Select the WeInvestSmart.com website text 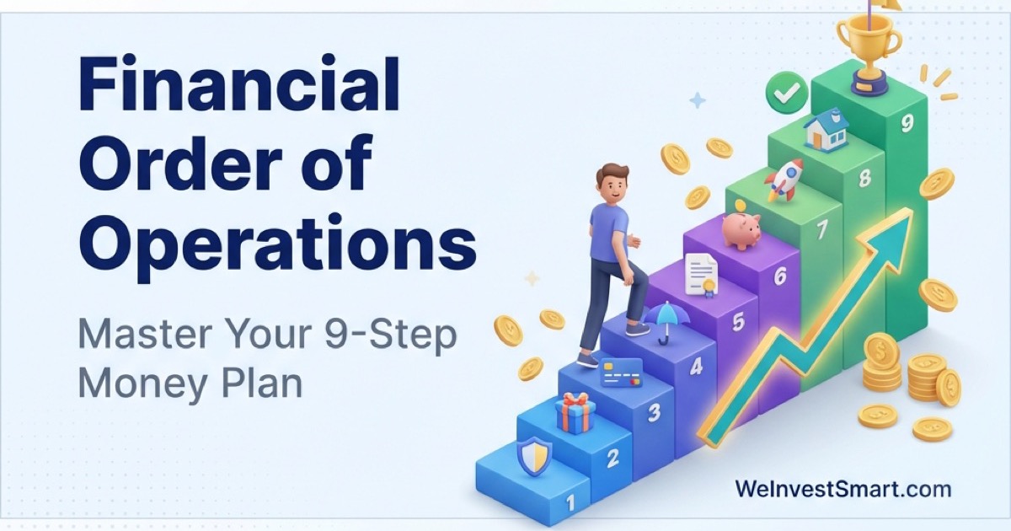pyautogui.click(x=842, y=489)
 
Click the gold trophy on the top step pyautogui.click(x=868, y=42)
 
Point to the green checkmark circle pyautogui.click(x=787, y=94)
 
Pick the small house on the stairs pyautogui.click(x=826, y=131)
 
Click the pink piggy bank pyautogui.click(x=741, y=228)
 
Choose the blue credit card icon pyautogui.click(x=621, y=372)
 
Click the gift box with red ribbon pyautogui.click(x=575, y=413)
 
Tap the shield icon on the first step pyautogui.click(x=534, y=456)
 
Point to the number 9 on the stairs pyautogui.click(x=907, y=124)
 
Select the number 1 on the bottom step pyautogui.click(x=570, y=503)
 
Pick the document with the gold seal pyautogui.click(x=700, y=275)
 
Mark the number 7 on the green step pyautogui.click(x=822, y=228)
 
